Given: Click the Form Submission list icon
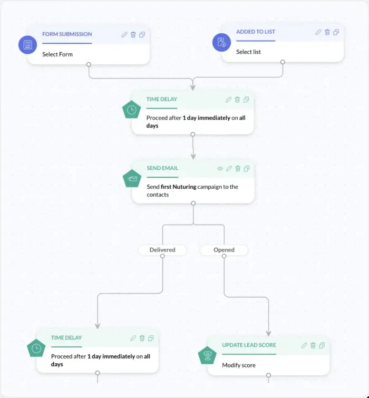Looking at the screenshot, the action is [x=27, y=45].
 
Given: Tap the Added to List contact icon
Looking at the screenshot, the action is [x=221, y=42].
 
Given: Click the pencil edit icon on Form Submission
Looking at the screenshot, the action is [x=124, y=34].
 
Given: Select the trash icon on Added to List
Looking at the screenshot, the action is [x=327, y=32].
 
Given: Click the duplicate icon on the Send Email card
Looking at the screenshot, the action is [x=247, y=169].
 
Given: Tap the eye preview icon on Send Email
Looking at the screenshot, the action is [x=220, y=169].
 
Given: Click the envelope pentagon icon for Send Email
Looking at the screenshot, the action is [x=132, y=178].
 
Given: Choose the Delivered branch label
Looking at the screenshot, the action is [x=162, y=250].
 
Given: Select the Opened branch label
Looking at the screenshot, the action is [x=224, y=250].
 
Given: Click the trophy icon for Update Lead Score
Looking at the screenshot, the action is [x=207, y=355].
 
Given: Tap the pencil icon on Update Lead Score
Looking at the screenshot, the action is [x=304, y=345].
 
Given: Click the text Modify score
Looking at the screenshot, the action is [x=239, y=365].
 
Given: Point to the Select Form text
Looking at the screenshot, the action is [x=57, y=54].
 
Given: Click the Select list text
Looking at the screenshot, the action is [x=248, y=52].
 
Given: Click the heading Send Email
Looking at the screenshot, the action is [x=162, y=168].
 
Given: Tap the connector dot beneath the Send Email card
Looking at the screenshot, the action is [x=193, y=203].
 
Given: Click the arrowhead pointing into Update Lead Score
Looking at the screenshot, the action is [x=268, y=334].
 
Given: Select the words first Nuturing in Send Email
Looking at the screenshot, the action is [x=179, y=187].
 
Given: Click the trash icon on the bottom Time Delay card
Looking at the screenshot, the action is [x=142, y=338].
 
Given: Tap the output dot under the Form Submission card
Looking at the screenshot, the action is [x=89, y=64].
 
